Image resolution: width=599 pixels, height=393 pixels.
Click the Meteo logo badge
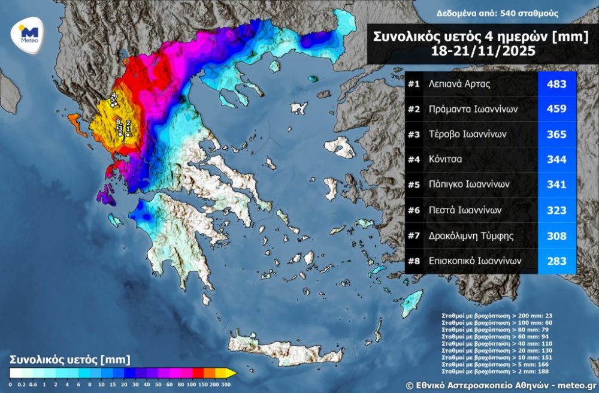[x=29, y=36]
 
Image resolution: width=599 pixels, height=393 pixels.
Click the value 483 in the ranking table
[x=556, y=84]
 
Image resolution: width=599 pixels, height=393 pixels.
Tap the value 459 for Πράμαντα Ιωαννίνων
[x=556, y=110]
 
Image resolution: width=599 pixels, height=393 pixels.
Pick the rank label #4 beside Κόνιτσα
[x=414, y=160]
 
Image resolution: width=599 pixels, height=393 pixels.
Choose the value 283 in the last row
[x=556, y=261]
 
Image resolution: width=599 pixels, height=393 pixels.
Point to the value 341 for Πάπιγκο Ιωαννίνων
[x=556, y=185]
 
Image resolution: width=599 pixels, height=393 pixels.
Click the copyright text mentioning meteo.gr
[x=501, y=385]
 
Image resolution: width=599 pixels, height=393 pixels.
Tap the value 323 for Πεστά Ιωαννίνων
[x=556, y=211]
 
